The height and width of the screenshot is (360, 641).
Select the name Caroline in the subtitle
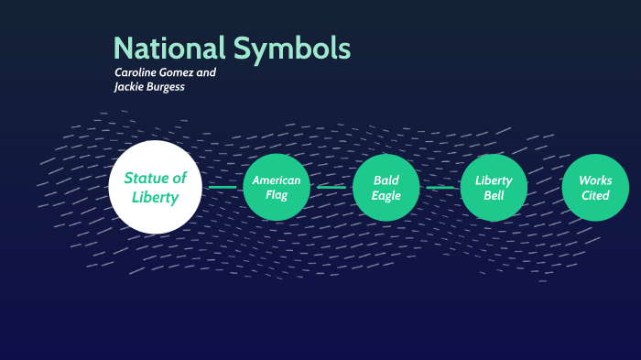coord(136,71)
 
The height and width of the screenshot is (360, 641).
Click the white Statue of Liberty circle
coord(155,187)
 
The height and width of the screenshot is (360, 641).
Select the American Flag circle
coord(277,187)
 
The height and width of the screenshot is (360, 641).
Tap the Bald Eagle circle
coord(386,187)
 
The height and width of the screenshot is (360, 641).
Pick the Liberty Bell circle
coord(494,187)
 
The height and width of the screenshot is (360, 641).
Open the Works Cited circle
coord(595,187)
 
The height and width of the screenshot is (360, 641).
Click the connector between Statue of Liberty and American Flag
coord(222,187)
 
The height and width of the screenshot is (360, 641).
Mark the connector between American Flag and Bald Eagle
coord(331,187)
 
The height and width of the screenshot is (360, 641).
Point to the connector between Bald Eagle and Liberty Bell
coord(440,187)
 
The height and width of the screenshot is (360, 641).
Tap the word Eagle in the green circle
coord(386,195)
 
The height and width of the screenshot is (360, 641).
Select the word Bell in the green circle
coord(494,195)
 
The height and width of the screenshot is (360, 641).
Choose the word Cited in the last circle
coord(595,195)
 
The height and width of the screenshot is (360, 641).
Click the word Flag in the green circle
coord(277,195)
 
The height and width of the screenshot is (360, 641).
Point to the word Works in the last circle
coord(595,180)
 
